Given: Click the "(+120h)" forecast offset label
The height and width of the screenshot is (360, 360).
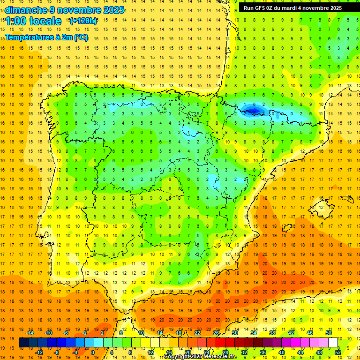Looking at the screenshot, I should click(83, 21).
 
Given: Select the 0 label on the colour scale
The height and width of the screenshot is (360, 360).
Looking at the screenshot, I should click(92, 352).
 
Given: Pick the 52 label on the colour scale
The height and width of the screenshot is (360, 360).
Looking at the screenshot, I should click(338, 352).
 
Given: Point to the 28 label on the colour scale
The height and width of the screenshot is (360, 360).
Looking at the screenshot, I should click(225, 352).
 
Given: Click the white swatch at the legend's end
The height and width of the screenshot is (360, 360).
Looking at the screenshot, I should click(333, 343).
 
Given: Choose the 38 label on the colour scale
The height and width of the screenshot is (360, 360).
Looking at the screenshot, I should click(271, 333).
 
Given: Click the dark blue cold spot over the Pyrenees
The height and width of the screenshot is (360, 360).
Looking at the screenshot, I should click(254, 111).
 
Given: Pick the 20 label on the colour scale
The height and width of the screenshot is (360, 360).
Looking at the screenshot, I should click(187, 352).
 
